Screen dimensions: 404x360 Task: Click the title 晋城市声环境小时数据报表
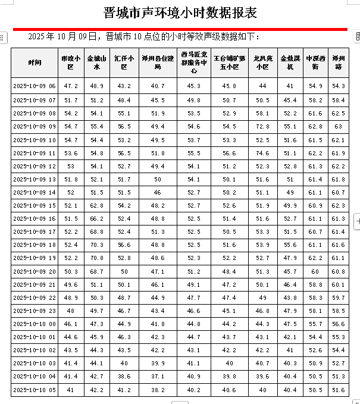(x=180, y=12)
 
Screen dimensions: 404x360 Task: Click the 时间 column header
(x=35, y=62)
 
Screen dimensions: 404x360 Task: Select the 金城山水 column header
(x=97, y=62)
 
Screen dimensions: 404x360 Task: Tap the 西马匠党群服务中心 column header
(x=194, y=62)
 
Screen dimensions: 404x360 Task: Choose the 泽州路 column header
(x=338, y=62)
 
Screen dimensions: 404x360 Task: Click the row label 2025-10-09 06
(x=35, y=86)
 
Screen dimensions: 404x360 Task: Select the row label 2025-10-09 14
(x=35, y=193)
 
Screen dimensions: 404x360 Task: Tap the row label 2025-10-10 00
(x=35, y=324)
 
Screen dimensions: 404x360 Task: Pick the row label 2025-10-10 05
(x=35, y=390)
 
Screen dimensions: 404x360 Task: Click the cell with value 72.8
(x=262, y=127)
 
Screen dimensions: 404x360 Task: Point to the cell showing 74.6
(x=262, y=154)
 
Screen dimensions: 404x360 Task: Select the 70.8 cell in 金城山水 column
(x=97, y=258)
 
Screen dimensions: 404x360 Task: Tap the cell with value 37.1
(x=158, y=377)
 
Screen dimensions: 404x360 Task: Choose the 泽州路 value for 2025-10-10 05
(x=338, y=390)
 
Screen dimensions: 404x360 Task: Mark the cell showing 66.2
(x=97, y=219)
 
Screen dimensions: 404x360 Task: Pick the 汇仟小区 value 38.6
(x=124, y=377)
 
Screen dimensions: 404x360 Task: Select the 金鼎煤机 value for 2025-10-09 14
(x=290, y=193)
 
